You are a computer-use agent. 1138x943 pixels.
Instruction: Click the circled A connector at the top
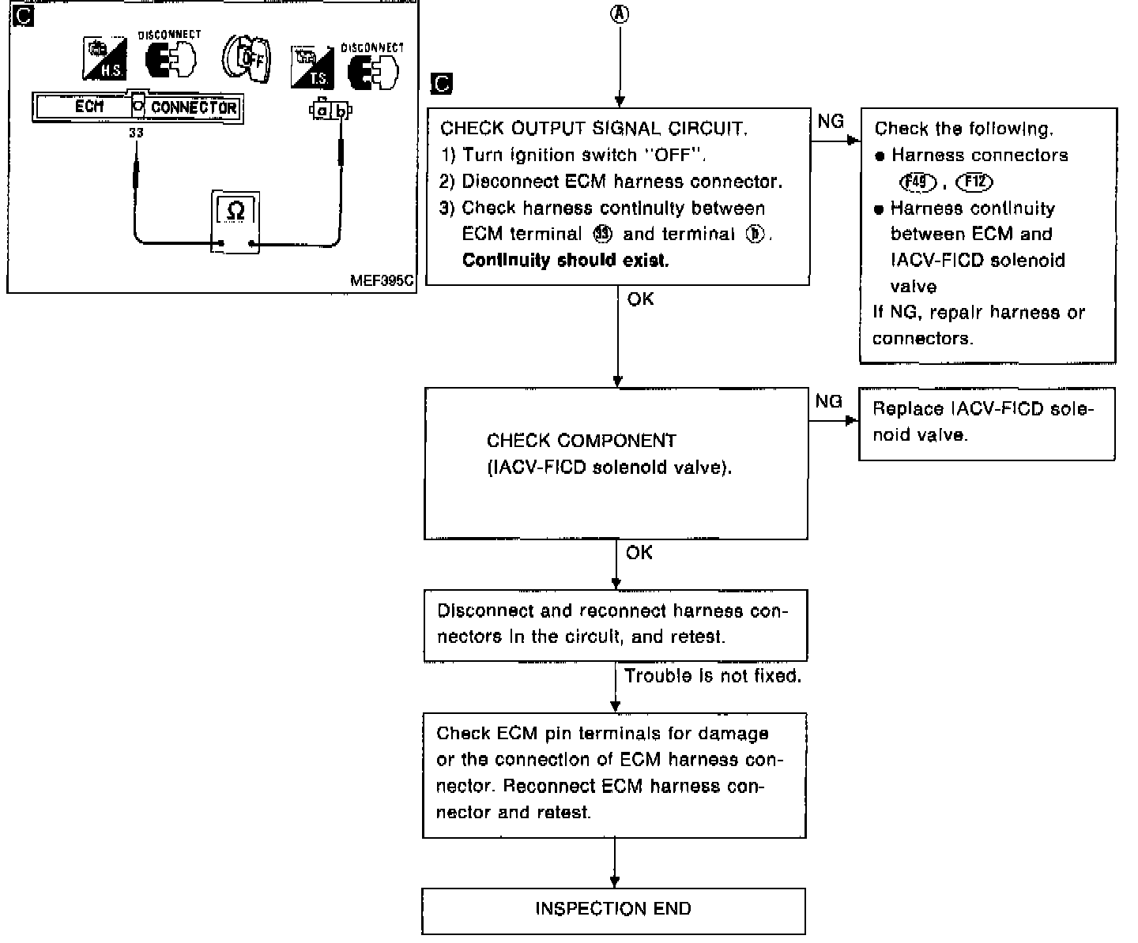(621, 13)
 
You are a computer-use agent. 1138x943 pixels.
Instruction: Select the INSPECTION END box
(613, 909)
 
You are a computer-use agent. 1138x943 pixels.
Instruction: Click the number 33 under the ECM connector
(136, 133)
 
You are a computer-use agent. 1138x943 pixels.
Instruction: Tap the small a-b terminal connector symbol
(330, 111)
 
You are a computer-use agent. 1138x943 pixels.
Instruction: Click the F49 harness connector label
(918, 182)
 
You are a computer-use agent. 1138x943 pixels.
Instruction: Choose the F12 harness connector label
(974, 182)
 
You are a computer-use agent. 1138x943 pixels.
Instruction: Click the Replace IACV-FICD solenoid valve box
(986, 423)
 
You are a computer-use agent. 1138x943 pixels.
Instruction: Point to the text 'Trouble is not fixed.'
(713, 676)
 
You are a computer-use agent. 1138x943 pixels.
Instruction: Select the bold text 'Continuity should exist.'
(565, 261)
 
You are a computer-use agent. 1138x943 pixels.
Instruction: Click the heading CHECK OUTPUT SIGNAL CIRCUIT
(593, 128)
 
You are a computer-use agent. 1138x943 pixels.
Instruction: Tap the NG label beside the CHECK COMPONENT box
(828, 402)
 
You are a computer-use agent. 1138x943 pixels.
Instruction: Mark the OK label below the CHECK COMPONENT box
(639, 553)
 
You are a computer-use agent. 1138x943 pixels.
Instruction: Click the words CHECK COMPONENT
(582, 441)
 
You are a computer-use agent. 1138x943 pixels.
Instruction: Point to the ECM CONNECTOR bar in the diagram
(138, 107)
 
